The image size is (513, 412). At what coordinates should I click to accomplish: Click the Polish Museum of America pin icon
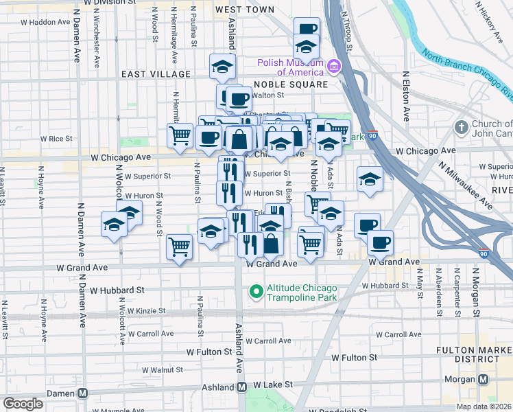(x=334, y=67)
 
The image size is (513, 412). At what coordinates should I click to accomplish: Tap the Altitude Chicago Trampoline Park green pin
(x=256, y=292)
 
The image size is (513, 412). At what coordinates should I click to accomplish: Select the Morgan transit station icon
(x=484, y=379)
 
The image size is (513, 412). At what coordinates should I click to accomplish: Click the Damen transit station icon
(x=82, y=393)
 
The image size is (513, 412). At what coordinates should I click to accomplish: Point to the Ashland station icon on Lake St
(x=241, y=387)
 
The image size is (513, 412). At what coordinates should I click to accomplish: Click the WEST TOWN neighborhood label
(x=244, y=10)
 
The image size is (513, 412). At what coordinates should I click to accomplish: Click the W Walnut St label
(x=160, y=369)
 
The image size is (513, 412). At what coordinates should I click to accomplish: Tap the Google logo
(x=23, y=404)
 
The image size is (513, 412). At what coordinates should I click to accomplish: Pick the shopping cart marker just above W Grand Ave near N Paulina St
(x=180, y=246)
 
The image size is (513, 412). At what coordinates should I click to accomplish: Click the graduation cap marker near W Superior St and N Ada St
(x=370, y=180)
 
